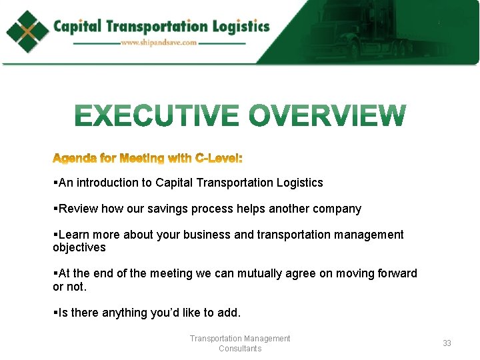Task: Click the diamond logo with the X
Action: (x=27, y=31)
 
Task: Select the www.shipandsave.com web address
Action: (x=159, y=43)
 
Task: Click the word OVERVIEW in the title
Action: (x=327, y=117)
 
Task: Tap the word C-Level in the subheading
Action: (x=218, y=159)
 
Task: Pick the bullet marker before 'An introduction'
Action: (x=55, y=183)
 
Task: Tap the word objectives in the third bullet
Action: (x=79, y=247)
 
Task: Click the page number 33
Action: (x=447, y=343)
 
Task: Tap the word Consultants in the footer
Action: (x=240, y=349)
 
